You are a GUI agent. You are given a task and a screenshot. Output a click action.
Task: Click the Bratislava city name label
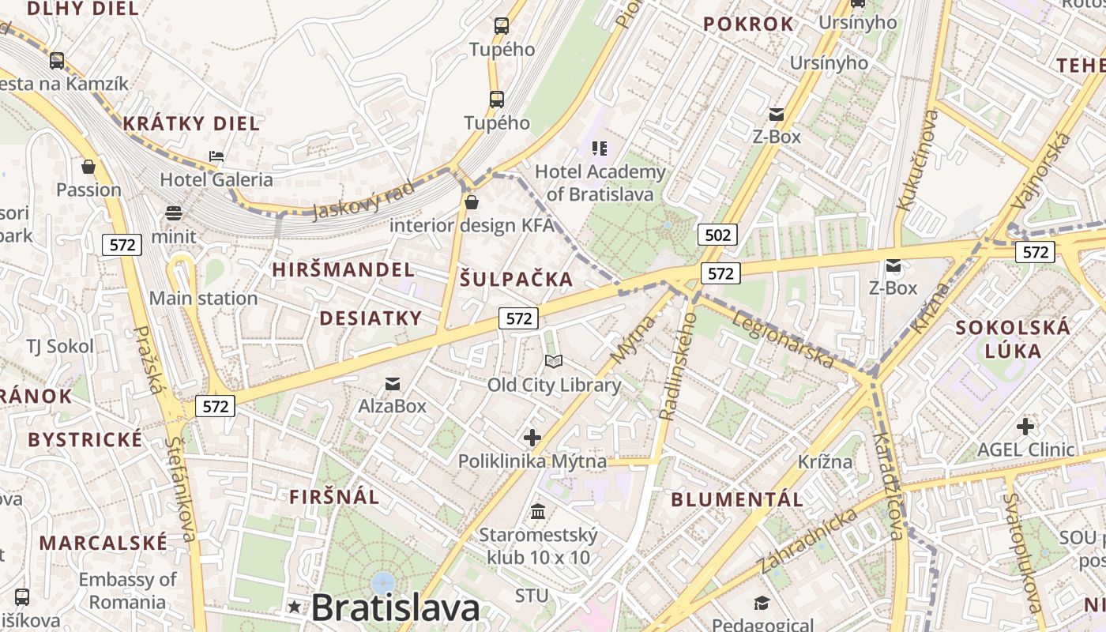click(395, 608)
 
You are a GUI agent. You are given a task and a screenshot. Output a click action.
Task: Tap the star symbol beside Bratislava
click(295, 607)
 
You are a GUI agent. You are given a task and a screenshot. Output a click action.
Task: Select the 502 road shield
click(717, 234)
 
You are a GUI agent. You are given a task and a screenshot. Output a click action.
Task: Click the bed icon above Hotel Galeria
click(216, 156)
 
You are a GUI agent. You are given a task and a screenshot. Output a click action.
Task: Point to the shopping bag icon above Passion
click(88, 167)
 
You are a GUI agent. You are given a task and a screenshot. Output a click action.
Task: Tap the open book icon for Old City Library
click(554, 362)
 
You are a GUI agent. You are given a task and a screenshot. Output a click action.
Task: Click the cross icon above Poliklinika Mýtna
click(532, 438)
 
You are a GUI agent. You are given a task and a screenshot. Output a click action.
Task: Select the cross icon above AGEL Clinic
click(1025, 427)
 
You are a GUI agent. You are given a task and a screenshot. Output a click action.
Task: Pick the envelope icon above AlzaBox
click(393, 384)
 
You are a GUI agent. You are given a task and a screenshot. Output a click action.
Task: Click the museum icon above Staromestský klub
click(538, 512)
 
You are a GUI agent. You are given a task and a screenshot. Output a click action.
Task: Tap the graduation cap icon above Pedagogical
click(762, 604)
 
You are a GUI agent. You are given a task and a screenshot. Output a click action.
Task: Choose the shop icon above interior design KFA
click(472, 202)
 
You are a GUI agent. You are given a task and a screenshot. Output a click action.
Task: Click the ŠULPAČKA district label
click(516, 279)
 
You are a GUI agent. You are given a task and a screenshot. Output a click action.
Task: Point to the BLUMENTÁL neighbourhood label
click(737, 499)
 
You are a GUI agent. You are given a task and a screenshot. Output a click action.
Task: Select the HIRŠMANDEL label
click(343, 269)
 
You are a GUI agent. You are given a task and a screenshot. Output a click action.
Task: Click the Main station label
click(204, 299)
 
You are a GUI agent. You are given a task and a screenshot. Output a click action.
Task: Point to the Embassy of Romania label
click(128, 590)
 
